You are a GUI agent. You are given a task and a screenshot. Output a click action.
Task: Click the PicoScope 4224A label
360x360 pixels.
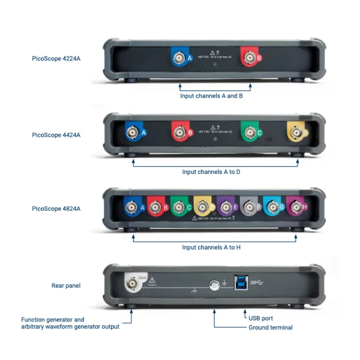[56, 59]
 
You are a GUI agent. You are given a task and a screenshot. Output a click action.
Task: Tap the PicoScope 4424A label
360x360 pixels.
[56, 135]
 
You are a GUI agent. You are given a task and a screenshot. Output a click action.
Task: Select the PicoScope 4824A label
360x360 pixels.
[56, 209]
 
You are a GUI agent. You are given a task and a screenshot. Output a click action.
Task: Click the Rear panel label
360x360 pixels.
[66, 286]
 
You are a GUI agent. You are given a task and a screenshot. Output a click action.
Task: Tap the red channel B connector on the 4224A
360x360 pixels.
[248, 58]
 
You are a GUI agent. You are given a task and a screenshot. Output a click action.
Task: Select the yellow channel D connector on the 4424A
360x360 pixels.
[295, 132]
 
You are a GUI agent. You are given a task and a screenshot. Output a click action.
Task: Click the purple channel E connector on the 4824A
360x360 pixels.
[225, 208]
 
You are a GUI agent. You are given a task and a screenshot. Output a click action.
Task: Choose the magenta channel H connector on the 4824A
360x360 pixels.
[295, 208]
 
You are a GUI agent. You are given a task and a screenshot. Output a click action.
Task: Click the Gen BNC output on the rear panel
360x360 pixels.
[131, 282]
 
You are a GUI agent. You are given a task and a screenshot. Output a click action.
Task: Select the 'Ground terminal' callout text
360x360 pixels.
[270, 328]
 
